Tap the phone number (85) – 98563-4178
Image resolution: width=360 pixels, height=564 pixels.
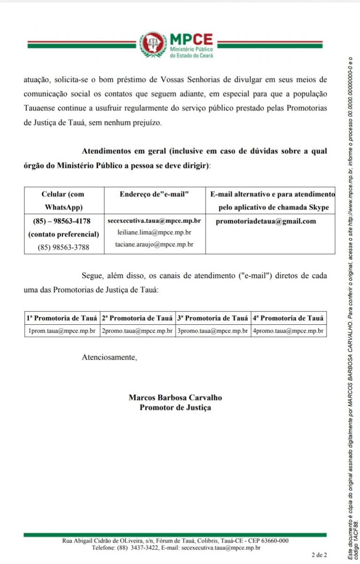pyautogui.click(x=62, y=221)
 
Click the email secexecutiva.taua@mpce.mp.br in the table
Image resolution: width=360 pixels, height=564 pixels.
pyautogui.click(x=154, y=220)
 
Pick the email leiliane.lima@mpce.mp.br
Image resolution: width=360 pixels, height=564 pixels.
pyautogui.click(x=154, y=232)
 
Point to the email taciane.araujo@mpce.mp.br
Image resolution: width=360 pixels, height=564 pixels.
pyautogui.click(x=154, y=244)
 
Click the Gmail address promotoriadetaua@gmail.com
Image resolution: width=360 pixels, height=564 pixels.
pyautogui.click(x=266, y=221)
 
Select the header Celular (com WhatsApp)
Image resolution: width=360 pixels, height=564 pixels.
pyautogui.click(x=63, y=200)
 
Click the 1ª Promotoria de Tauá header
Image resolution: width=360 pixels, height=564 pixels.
pyautogui.click(x=62, y=318)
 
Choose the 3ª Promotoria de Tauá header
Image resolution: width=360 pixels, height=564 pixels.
pyautogui.click(x=212, y=318)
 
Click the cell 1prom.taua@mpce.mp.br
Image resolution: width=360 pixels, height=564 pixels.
pyautogui.click(x=62, y=331)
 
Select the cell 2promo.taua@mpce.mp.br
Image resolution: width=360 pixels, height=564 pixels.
pyautogui.click(x=137, y=331)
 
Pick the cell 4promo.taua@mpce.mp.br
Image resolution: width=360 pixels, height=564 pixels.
pyautogui.click(x=288, y=331)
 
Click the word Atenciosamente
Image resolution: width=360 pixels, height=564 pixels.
pyautogui.click(x=110, y=357)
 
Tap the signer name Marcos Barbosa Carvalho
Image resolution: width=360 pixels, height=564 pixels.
pyautogui.click(x=175, y=398)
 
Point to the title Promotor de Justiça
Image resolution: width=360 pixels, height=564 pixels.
pyautogui.click(x=175, y=407)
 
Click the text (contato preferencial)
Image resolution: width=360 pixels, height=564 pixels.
pyautogui.click(x=63, y=234)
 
